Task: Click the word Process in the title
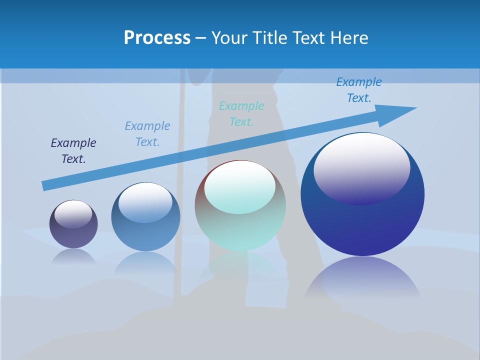pos(157,38)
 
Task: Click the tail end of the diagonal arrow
pos(46,185)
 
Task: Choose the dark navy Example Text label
pos(73,151)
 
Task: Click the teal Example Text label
pos(241,114)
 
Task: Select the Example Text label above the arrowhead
pos(359,90)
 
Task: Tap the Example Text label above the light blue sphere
pos(147,134)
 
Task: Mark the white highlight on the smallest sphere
pos(73,213)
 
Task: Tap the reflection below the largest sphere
pos(362,280)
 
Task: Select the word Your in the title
pos(227,38)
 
